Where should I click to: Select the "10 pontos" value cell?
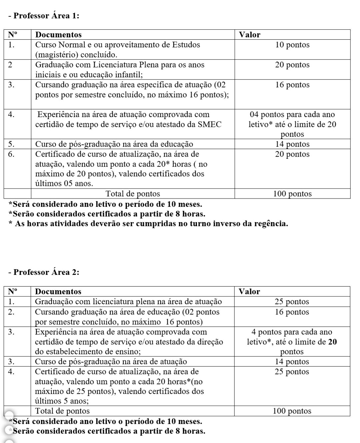[x=292, y=45]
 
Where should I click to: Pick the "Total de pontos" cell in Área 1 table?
[x=133, y=194]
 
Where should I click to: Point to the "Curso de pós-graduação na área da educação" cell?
[x=114, y=144]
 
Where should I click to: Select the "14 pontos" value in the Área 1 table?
[x=292, y=144]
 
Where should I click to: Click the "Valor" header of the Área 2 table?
[x=249, y=292]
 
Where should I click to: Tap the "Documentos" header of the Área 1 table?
[x=58, y=35]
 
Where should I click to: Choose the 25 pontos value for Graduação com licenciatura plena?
[x=292, y=302]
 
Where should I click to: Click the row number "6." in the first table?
[x=11, y=154]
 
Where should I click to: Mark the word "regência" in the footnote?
[x=271, y=224]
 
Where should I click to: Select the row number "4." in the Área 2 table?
[x=11, y=372]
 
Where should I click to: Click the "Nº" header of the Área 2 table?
[x=13, y=292]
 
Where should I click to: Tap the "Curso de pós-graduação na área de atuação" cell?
[x=111, y=362]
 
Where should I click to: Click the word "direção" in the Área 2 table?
[x=211, y=342]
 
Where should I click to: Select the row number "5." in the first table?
[x=11, y=144]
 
